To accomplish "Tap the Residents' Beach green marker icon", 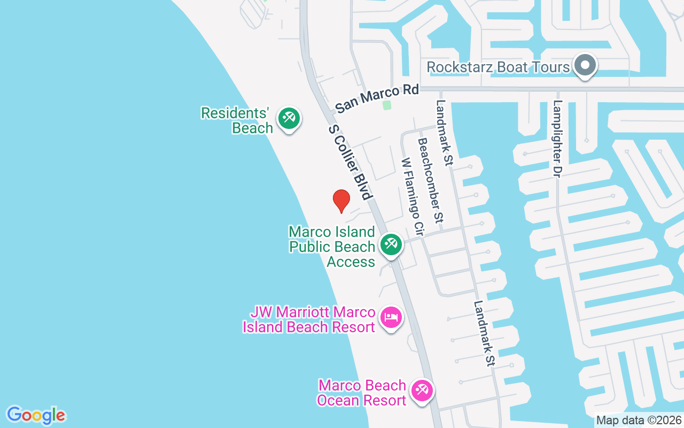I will click(x=289, y=118).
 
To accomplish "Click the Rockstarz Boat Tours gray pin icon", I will click(x=585, y=65).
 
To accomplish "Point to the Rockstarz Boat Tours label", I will click(x=499, y=67).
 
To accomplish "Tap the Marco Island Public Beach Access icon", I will click(x=391, y=244).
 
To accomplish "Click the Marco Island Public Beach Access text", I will click(x=332, y=247).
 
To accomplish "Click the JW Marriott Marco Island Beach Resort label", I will click(x=309, y=319).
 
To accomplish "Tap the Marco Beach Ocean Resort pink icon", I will click(x=422, y=391).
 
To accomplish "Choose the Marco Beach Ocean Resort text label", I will click(x=362, y=393).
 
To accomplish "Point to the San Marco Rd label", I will click(x=377, y=98).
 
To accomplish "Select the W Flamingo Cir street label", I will click(x=412, y=197).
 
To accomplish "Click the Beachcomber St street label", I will click(x=431, y=180).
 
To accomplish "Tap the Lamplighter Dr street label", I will click(x=558, y=139).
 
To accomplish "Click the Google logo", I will click(x=36, y=415).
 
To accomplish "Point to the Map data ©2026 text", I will click(x=639, y=420).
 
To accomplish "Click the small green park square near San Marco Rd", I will click(x=387, y=105).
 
